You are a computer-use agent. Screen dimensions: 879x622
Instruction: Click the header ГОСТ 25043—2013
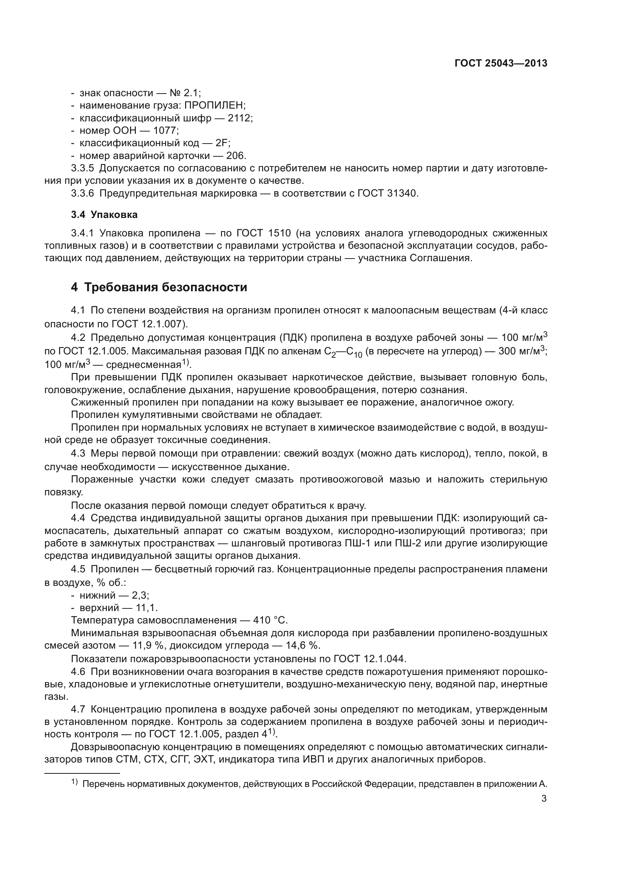[501, 64]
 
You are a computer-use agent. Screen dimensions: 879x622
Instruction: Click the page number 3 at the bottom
[544, 799]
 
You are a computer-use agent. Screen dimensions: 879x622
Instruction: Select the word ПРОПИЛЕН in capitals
[215, 106]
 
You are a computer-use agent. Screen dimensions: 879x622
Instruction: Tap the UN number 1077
[165, 130]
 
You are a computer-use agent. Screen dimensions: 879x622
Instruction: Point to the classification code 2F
[223, 143]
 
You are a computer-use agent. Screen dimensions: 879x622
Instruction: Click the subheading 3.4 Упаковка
[104, 215]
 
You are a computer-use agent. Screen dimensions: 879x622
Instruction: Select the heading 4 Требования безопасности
[159, 287]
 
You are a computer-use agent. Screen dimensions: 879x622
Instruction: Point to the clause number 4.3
[78, 454]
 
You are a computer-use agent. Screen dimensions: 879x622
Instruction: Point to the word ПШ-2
[408, 543]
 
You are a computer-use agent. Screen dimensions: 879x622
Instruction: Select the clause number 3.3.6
[82, 193]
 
